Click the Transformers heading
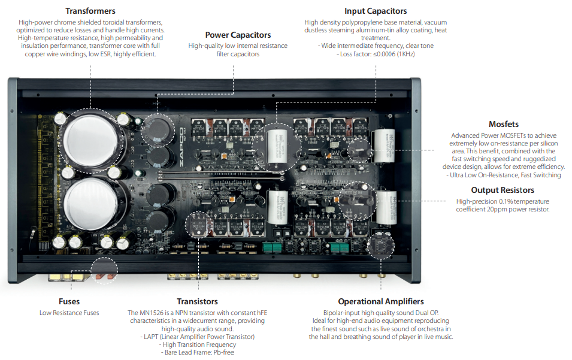tap(90, 11)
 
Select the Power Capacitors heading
tap(238, 35)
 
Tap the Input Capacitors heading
tap(376, 11)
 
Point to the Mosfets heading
tap(503, 124)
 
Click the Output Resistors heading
tap(503, 190)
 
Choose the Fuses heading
tap(69, 301)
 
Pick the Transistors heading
tap(197, 301)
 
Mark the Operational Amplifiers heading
tap(380, 301)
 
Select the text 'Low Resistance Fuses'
tap(69, 313)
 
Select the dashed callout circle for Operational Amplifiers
tap(382, 246)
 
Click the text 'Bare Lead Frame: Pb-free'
tap(197, 352)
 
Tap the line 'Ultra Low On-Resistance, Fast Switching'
tap(503, 175)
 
